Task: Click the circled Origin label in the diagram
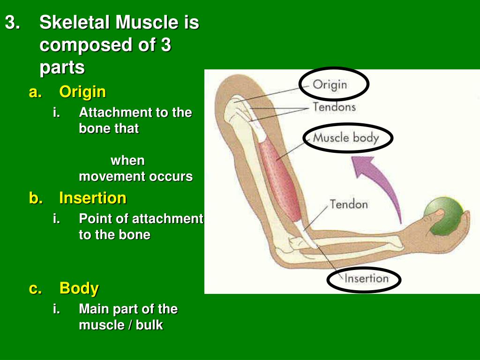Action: [x=330, y=84]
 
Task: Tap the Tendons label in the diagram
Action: [x=334, y=107]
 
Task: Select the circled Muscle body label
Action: [x=346, y=138]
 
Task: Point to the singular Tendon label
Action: [x=349, y=204]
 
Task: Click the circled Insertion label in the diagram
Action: [x=367, y=278]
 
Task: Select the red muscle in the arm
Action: [x=280, y=180]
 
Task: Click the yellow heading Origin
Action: [x=82, y=91]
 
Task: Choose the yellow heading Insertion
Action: [x=93, y=198]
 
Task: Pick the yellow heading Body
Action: [x=79, y=288]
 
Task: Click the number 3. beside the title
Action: [x=13, y=22]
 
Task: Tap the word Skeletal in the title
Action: [x=75, y=22]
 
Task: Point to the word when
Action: [x=127, y=160]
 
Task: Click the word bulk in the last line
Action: [x=150, y=325]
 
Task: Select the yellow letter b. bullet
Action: [x=36, y=198]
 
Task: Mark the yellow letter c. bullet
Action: [x=36, y=289]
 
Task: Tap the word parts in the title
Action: [x=62, y=67]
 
